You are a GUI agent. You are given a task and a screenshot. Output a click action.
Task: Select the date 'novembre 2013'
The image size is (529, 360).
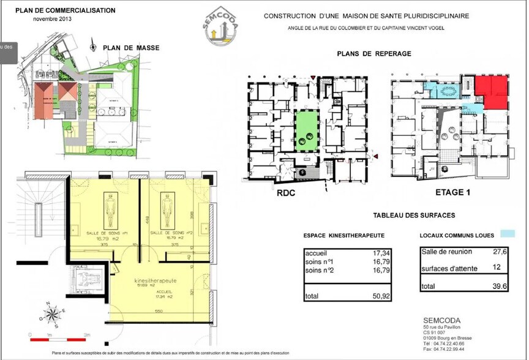53,19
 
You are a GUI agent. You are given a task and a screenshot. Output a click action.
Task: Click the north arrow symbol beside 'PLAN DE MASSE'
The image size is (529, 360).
92,47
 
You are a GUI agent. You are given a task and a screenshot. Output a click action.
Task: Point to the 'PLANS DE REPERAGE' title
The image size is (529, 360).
373,54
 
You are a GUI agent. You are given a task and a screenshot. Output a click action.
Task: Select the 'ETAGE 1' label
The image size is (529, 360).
452,192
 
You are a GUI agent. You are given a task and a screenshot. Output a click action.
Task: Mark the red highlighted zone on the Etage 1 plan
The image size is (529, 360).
492,92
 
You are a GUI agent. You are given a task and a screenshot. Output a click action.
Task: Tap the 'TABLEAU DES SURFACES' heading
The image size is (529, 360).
414,216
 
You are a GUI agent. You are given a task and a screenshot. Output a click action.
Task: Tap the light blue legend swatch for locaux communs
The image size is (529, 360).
508,234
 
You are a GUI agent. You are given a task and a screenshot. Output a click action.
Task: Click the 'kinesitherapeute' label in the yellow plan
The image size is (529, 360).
156,280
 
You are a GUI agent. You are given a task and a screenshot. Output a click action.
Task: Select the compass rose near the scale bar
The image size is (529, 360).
51,315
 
